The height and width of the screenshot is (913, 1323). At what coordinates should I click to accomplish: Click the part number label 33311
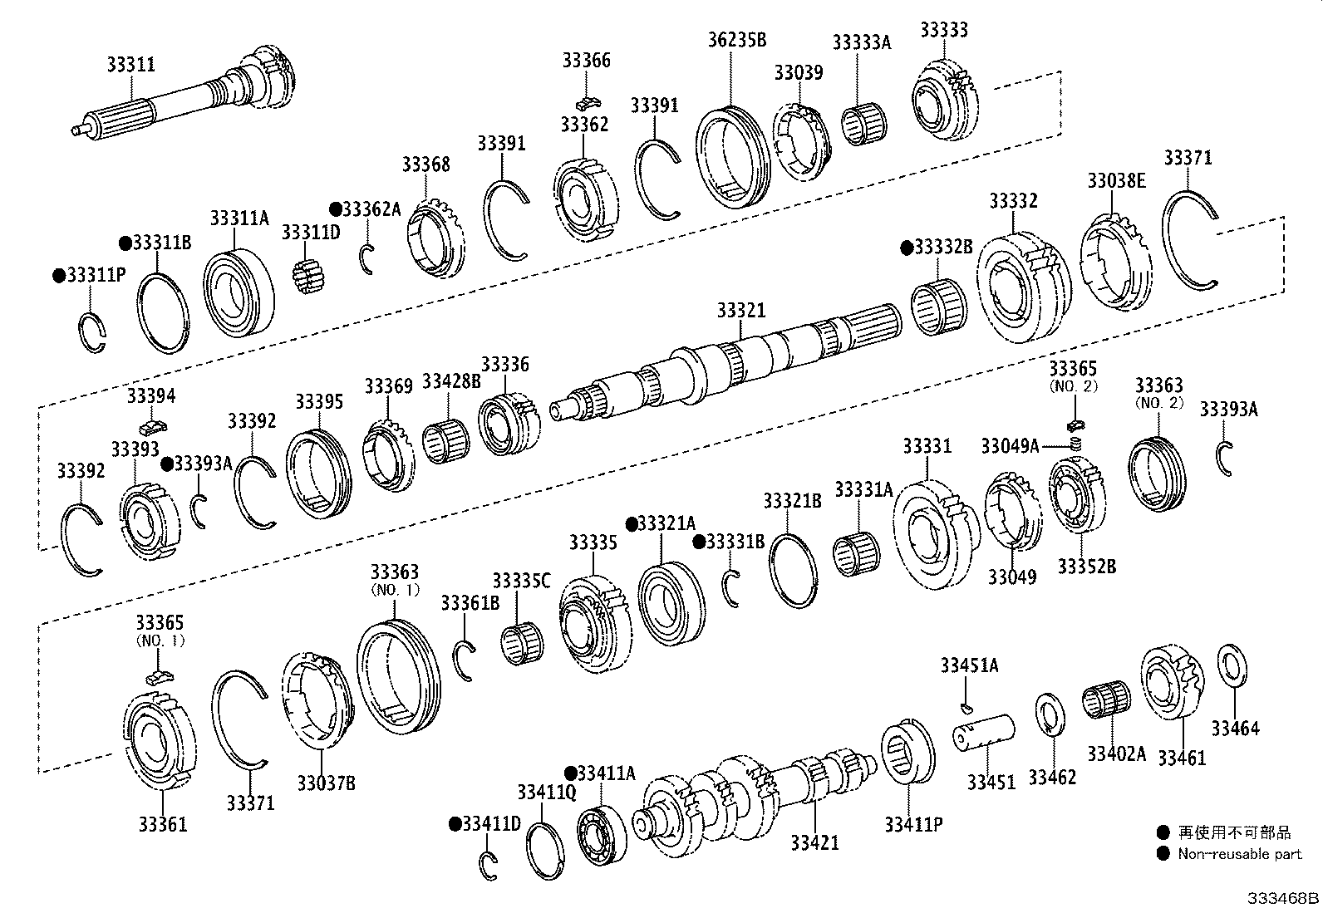pyautogui.click(x=130, y=64)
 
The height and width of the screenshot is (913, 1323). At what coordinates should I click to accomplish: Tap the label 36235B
pyautogui.click(x=736, y=38)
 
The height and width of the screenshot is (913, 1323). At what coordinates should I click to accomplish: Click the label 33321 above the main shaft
pyautogui.click(x=740, y=310)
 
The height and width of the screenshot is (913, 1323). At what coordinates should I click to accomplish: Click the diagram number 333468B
pyautogui.click(x=1281, y=899)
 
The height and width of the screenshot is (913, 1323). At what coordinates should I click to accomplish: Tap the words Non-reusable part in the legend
pyautogui.click(x=1239, y=854)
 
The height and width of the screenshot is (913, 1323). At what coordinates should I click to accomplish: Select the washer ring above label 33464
pyautogui.click(x=1232, y=665)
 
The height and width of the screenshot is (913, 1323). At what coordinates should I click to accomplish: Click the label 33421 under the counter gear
pyautogui.click(x=814, y=842)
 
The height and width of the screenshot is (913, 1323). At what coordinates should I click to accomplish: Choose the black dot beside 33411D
pyautogui.click(x=455, y=824)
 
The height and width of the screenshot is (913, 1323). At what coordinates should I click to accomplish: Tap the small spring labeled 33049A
pyautogui.click(x=1075, y=446)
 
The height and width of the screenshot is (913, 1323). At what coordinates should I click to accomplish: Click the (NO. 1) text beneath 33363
pyautogui.click(x=394, y=590)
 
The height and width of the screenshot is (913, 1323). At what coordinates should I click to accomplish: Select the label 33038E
pyautogui.click(x=1116, y=181)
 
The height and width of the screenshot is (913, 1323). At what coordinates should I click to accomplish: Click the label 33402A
pyautogui.click(x=1116, y=753)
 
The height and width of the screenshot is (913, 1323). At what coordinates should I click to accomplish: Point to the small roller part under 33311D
pyautogui.click(x=308, y=274)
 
